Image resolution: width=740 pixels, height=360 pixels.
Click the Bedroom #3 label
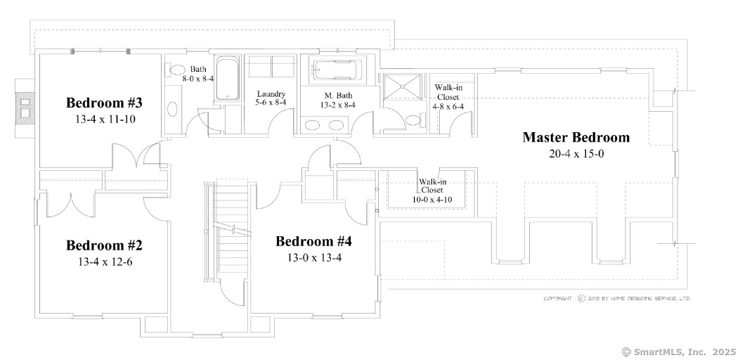(104, 103)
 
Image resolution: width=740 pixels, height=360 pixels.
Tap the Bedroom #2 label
(104, 245)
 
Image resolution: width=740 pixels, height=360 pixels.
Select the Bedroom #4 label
(313, 242)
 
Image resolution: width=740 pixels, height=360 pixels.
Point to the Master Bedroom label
(576, 137)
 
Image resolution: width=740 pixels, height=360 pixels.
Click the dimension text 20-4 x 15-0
(576, 153)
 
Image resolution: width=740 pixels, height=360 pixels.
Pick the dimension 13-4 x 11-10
(104, 120)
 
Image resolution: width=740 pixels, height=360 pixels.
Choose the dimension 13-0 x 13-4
(313, 257)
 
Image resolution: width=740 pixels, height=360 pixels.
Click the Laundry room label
(271, 94)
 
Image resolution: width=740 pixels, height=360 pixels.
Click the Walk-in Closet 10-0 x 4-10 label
(432, 190)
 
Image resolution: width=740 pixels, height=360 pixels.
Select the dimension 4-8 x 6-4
(450, 106)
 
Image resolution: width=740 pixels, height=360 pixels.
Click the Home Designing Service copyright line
(616, 298)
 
